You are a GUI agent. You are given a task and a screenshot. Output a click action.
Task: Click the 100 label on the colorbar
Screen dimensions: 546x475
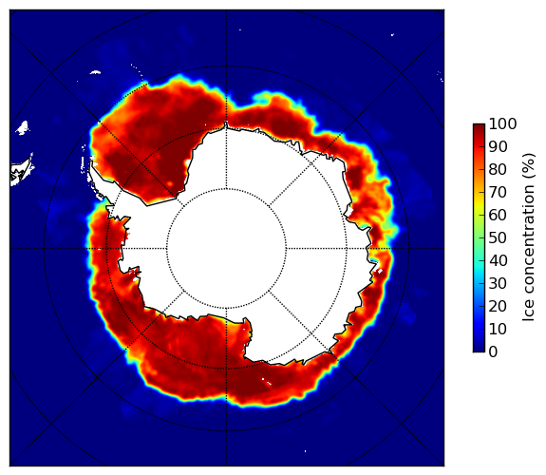(x=502, y=124)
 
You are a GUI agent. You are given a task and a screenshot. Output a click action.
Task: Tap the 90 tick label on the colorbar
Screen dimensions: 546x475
(x=498, y=146)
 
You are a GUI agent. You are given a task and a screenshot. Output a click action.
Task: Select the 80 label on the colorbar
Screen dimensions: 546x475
(x=498, y=170)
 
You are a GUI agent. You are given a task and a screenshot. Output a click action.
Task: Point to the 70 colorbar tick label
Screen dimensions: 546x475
(x=498, y=192)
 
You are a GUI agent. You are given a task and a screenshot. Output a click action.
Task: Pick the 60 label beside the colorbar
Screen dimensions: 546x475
(x=498, y=215)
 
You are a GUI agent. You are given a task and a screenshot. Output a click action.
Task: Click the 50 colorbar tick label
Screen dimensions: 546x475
(x=498, y=238)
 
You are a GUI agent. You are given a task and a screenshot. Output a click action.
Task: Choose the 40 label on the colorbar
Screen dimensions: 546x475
(x=498, y=260)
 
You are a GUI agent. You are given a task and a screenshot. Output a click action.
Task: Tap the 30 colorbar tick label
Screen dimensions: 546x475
(x=498, y=284)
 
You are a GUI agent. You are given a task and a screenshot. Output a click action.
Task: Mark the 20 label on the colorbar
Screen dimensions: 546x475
(x=498, y=306)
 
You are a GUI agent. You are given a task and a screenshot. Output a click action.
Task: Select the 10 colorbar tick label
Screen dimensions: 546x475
(x=498, y=329)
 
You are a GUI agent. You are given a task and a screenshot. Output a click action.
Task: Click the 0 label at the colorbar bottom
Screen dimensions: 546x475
(x=493, y=352)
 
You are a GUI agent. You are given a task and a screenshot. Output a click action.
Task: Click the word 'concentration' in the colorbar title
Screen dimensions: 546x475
(x=529, y=245)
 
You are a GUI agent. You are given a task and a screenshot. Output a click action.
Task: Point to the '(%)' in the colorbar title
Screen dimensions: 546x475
(x=529, y=165)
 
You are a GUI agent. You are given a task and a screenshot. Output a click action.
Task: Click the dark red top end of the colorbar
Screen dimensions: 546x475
(x=479, y=126)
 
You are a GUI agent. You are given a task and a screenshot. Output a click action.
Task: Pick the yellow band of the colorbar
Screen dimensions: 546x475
(x=479, y=204)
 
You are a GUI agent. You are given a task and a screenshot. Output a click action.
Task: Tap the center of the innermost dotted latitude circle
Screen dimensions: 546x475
(x=226, y=249)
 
